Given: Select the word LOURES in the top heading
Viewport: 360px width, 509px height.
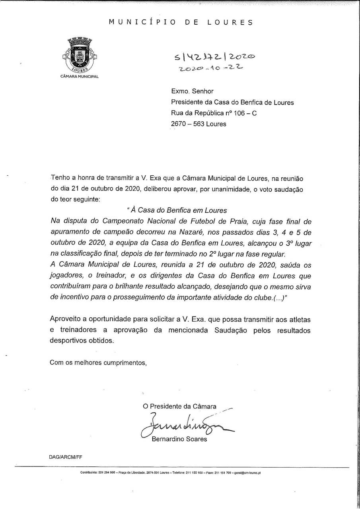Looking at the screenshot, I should tap(230, 22).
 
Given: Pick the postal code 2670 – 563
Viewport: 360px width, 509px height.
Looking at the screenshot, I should tap(187, 124).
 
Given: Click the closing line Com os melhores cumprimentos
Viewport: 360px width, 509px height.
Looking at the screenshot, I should tap(98, 362).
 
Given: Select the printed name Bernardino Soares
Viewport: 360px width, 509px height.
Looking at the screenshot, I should tap(179, 439).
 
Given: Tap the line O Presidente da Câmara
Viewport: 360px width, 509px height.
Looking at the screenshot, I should tap(180, 406).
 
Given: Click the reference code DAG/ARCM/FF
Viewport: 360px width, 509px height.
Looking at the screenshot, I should tap(66, 457).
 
